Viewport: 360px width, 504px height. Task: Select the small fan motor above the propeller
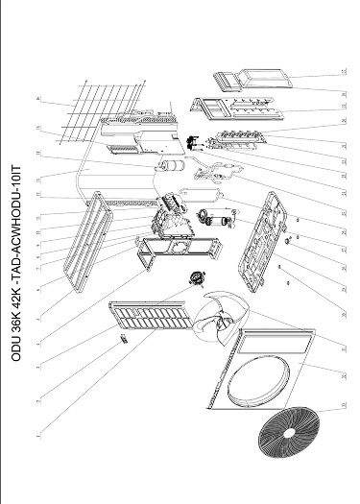[x=201, y=279]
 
